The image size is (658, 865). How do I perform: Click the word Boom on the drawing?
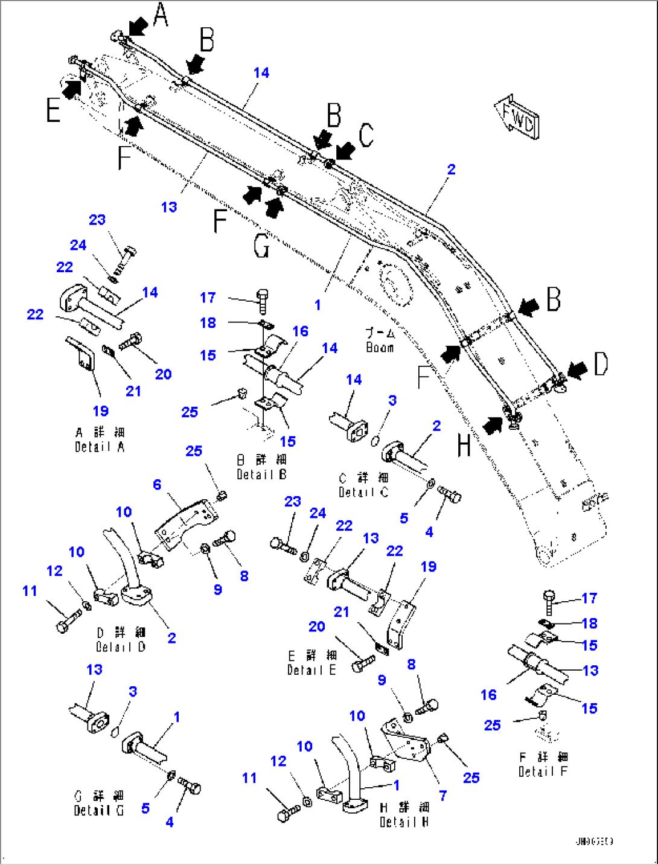(x=380, y=348)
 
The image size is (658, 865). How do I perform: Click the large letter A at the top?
(x=160, y=14)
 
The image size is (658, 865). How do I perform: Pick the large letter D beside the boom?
(x=601, y=364)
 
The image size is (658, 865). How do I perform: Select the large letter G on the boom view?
(x=261, y=246)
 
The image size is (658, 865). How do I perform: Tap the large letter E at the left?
(x=54, y=110)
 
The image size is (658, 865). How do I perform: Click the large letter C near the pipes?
(x=366, y=135)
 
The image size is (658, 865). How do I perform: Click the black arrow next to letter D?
(x=577, y=370)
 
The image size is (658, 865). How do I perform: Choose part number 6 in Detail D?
(x=157, y=485)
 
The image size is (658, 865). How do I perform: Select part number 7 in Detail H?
(x=442, y=796)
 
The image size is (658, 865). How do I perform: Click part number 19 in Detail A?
(x=100, y=411)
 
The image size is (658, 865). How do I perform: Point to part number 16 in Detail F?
(x=488, y=695)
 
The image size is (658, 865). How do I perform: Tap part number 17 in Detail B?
(x=208, y=298)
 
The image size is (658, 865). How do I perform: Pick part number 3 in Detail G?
(x=133, y=692)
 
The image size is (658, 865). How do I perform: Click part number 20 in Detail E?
(x=317, y=627)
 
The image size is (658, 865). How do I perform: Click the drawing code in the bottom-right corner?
(x=594, y=841)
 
